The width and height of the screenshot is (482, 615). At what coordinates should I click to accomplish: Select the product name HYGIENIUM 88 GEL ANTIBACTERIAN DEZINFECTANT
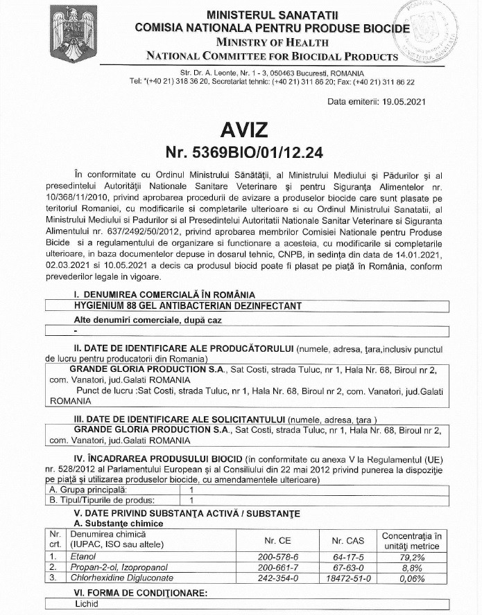click(x=188, y=305)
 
